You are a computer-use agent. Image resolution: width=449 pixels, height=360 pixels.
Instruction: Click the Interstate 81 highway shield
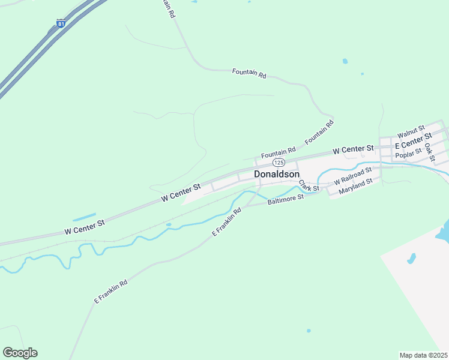tap(61, 23)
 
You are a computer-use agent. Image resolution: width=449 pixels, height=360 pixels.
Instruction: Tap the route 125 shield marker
tap(279, 163)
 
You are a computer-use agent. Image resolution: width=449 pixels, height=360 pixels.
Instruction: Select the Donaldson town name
tap(277, 174)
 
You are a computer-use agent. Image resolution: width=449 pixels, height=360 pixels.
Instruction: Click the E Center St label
tap(413, 143)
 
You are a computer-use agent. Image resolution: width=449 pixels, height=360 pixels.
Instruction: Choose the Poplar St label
tap(409, 155)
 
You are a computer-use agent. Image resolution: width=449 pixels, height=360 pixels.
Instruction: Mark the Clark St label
tap(309, 187)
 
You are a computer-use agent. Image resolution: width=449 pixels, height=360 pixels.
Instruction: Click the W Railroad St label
tap(353, 176)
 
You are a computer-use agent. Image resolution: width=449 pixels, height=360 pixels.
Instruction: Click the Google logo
tap(20, 353)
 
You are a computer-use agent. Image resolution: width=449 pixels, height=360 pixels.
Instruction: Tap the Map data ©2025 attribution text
tap(424, 355)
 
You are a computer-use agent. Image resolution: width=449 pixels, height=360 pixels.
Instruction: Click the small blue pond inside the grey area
tap(411, 259)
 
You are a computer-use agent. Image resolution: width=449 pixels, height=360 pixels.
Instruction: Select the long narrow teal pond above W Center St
tap(84, 217)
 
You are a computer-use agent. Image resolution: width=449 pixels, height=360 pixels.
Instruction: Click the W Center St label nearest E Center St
tap(353, 148)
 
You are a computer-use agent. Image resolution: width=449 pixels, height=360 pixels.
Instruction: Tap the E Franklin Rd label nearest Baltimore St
tap(226, 221)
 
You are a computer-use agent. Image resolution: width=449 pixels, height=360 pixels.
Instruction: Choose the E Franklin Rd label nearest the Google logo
tap(110, 292)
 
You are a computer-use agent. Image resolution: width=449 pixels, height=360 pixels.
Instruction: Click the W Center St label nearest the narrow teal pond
tap(84, 227)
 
